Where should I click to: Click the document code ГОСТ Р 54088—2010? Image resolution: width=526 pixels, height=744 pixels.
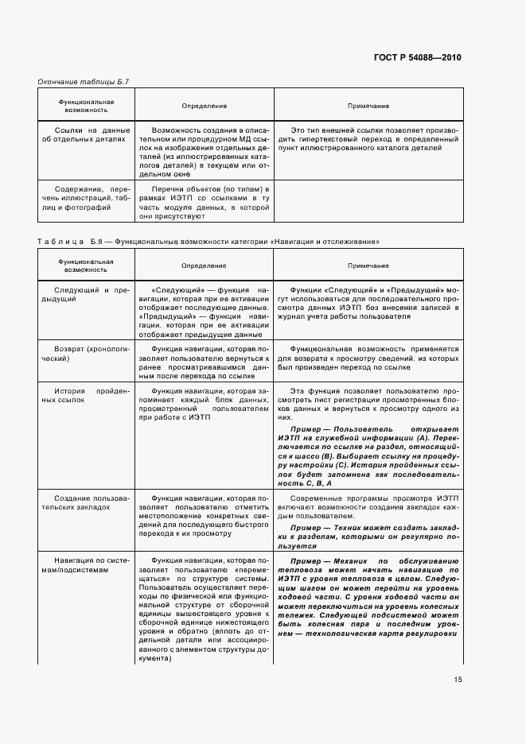[418, 57]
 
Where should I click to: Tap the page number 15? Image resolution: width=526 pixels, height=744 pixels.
[457, 680]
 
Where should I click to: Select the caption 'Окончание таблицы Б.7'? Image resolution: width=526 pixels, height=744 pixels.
[78, 82]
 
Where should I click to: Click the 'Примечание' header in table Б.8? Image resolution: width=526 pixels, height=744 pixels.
[368, 265]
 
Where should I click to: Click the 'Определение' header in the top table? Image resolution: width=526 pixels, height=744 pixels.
[204, 106]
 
